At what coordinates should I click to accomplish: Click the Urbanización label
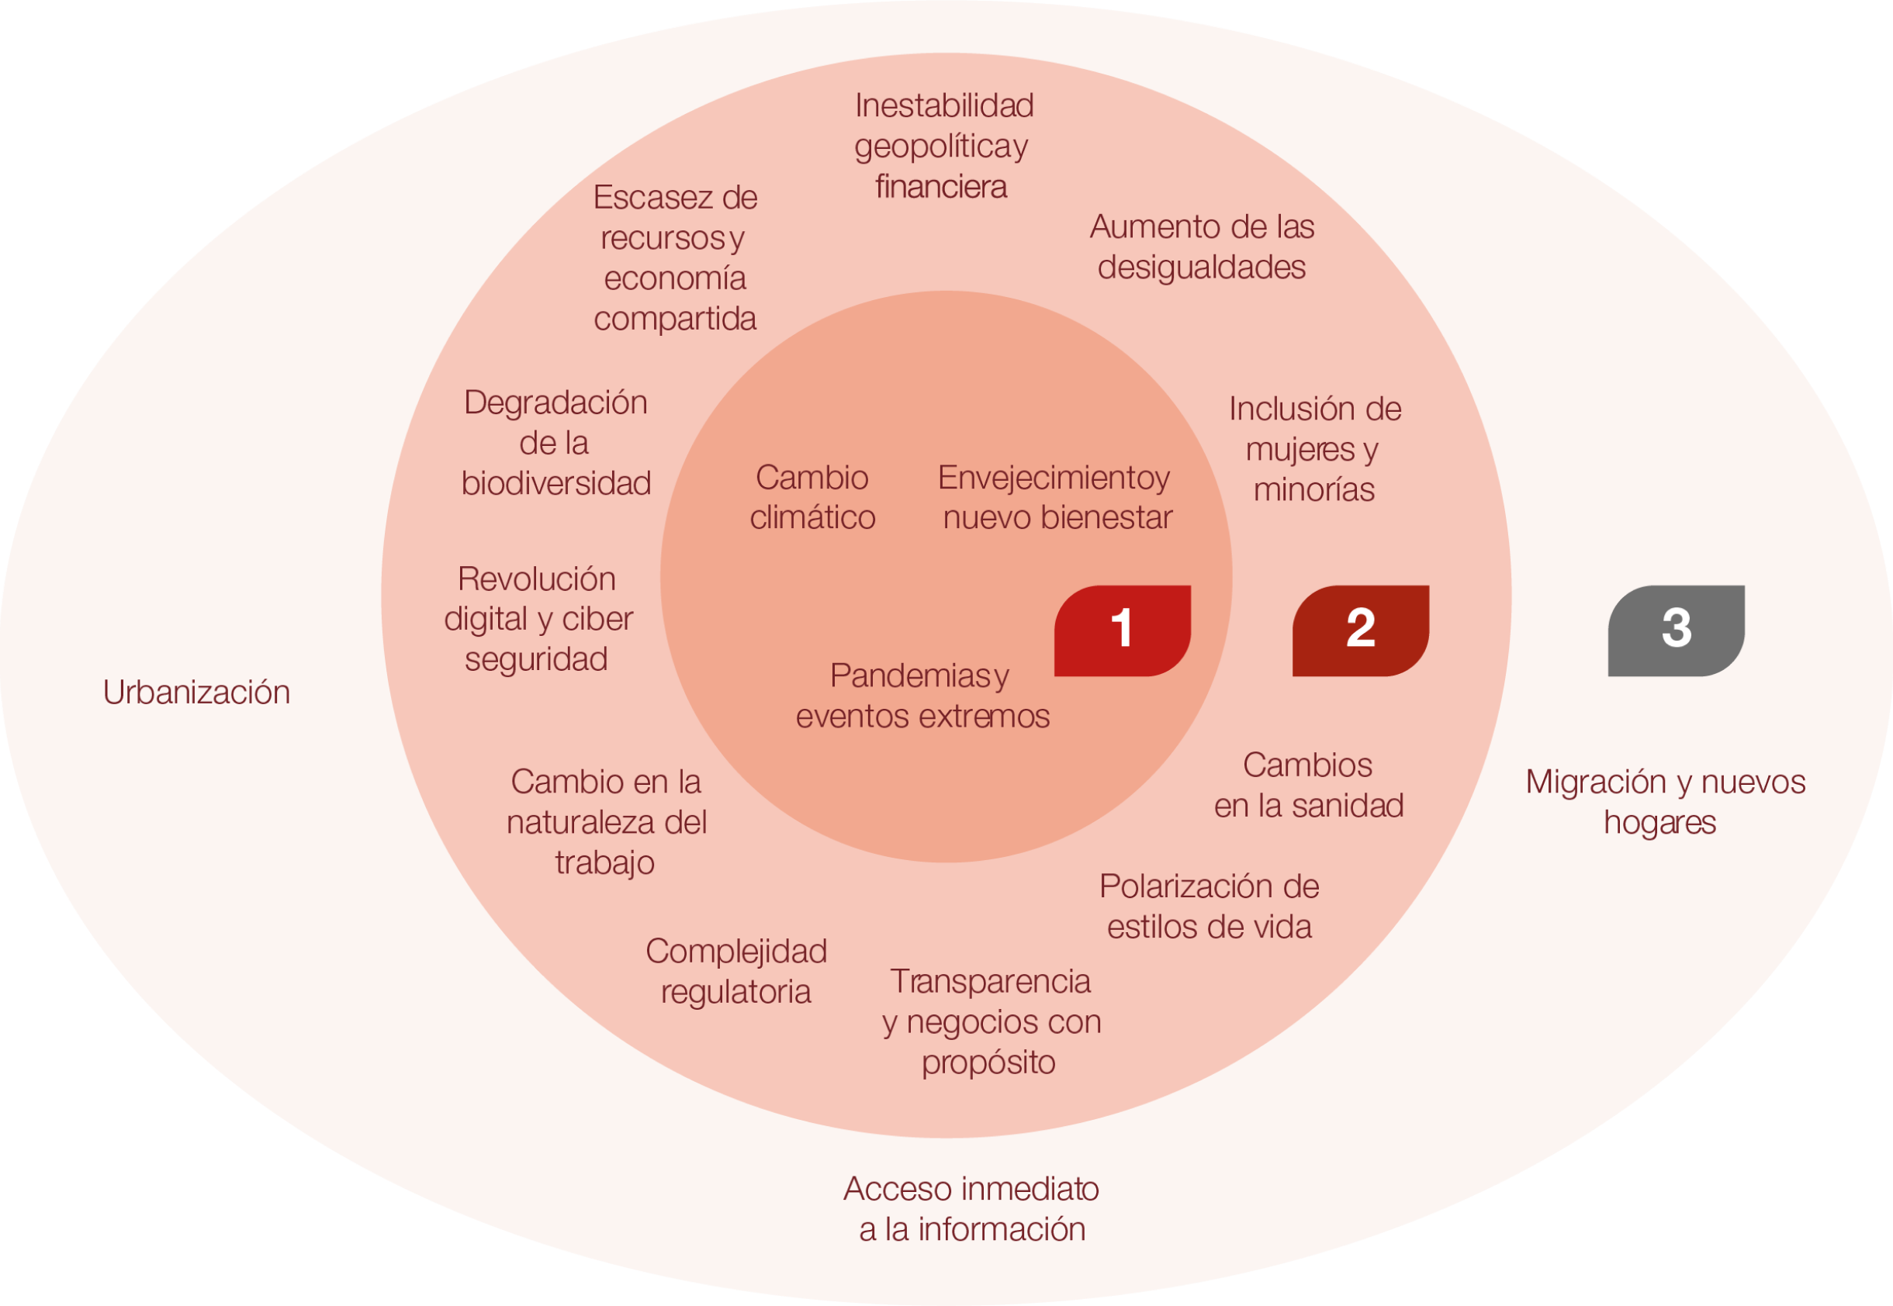coord(196,693)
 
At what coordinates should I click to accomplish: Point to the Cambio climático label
coord(813,498)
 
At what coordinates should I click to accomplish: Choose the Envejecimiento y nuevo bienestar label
coord(1056,498)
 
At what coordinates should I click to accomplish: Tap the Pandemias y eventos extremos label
coord(922,696)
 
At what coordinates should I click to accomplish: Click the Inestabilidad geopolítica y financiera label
coord(943,146)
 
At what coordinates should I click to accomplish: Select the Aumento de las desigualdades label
coord(1202,247)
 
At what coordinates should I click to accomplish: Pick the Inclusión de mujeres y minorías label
coord(1314,449)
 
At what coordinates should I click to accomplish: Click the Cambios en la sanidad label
coord(1309,786)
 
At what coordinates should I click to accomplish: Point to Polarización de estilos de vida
coord(1209,907)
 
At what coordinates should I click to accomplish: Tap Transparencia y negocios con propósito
coord(991,1021)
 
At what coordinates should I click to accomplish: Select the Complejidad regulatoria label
coord(735,971)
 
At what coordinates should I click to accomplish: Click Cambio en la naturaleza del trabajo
coord(606,822)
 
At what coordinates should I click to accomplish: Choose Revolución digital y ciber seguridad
coord(538,620)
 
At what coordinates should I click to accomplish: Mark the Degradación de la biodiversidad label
coord(555,443)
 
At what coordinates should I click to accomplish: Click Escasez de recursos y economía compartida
coord(675,257)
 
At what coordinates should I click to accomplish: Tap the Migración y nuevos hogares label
coord(1665,802)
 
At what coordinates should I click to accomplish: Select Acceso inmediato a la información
coord(971,1208)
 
